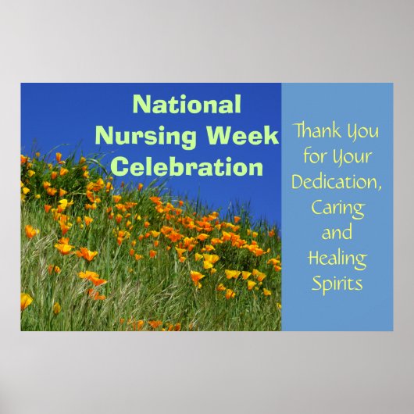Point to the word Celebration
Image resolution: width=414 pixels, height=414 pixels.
pyautogui.click(x=187, y=167)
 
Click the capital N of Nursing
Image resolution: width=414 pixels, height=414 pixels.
pyautogui.click(x=104, y=136)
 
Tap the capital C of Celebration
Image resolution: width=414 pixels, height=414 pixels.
pyautogui.click(x=119, y=167)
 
